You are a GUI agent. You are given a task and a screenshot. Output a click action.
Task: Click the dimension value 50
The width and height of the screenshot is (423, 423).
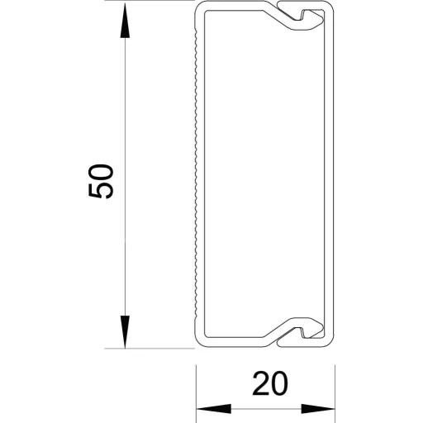101,181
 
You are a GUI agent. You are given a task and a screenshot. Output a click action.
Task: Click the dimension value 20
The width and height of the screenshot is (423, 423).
270,383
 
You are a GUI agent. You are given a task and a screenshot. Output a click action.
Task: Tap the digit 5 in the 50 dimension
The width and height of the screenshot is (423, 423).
101,190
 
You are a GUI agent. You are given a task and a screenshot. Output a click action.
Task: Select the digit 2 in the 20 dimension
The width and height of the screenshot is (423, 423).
260,383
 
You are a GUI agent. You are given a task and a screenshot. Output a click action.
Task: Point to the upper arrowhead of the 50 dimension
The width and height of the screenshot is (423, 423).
125,20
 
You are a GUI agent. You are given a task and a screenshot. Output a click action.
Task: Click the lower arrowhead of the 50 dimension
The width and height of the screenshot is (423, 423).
125,332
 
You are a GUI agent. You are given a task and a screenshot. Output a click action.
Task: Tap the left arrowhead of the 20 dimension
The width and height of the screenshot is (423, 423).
213,409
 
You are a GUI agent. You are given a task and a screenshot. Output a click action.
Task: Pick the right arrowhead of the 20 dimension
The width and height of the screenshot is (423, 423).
317,409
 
